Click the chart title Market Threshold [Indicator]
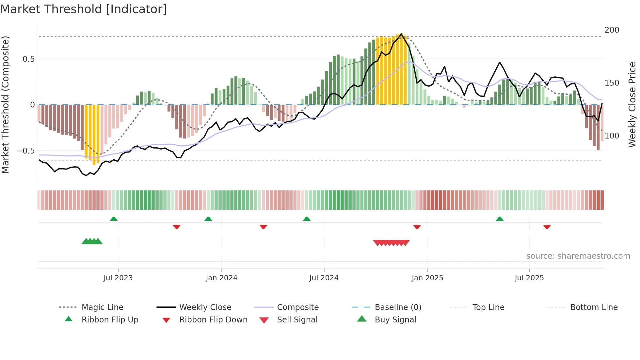tap(84, 9)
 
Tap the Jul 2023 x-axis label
tap(118, 278)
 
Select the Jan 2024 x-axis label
tap(221, 278)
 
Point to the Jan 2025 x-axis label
tap(427, 278)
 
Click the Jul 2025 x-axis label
tap(529, 278)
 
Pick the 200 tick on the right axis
tap(612, 30)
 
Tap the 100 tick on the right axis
tap(612, 136)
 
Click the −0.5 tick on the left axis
tap(25, 151)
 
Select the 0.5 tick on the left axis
tap(28, 59)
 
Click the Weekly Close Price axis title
tap(632, 105)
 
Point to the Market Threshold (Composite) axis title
tap(5, 105)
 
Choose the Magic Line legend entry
tap(102, 307)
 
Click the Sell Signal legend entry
tap(297, 320)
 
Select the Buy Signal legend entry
tap(395, 320)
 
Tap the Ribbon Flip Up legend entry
tap(110, 320)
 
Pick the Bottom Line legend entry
tap(594, 307)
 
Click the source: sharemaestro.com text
tap(578, 256)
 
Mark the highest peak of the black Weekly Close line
tap(401, 34)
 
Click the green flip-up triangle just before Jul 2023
tap(114, 219)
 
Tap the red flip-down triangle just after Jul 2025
tap(547, 227)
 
